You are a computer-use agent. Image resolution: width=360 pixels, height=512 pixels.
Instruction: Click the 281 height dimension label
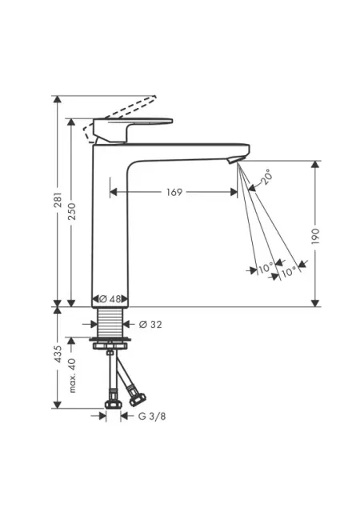tap(58, 200)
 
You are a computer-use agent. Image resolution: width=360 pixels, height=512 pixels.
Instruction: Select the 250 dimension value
tap(72, 211)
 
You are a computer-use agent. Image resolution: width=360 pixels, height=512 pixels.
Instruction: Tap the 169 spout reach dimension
tap(174, 192)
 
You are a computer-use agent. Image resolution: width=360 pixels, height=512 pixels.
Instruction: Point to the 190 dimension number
tap(315, 236)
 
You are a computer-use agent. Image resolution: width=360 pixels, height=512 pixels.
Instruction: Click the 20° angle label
tap(266, 178)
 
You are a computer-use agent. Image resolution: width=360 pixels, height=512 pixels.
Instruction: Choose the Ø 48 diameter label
tap(110, 298)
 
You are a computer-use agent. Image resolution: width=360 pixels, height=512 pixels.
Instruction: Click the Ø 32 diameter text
tap(150, 324)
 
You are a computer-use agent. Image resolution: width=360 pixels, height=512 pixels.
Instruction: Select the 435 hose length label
tap(58, 354)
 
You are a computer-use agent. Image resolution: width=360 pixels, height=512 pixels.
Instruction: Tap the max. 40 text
tap(72, 375)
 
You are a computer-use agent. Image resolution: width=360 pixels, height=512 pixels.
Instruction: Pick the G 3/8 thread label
tap(152, 416)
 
